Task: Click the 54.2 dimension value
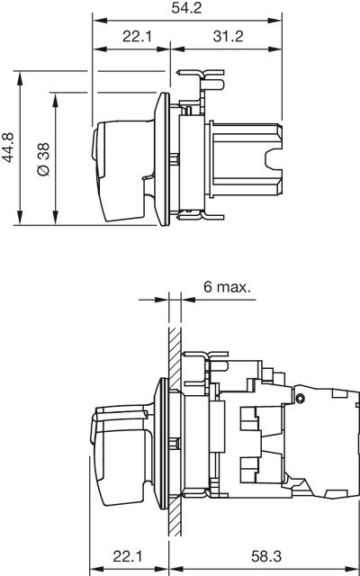point(186,8)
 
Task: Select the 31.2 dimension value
point(228,36)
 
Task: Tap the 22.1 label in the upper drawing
point(137,36)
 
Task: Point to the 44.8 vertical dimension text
point(8,148)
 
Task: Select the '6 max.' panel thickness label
point(228,287)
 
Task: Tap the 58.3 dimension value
point(266,557)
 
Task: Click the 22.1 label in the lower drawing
point(128,557)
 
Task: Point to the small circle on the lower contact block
point(300,398)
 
